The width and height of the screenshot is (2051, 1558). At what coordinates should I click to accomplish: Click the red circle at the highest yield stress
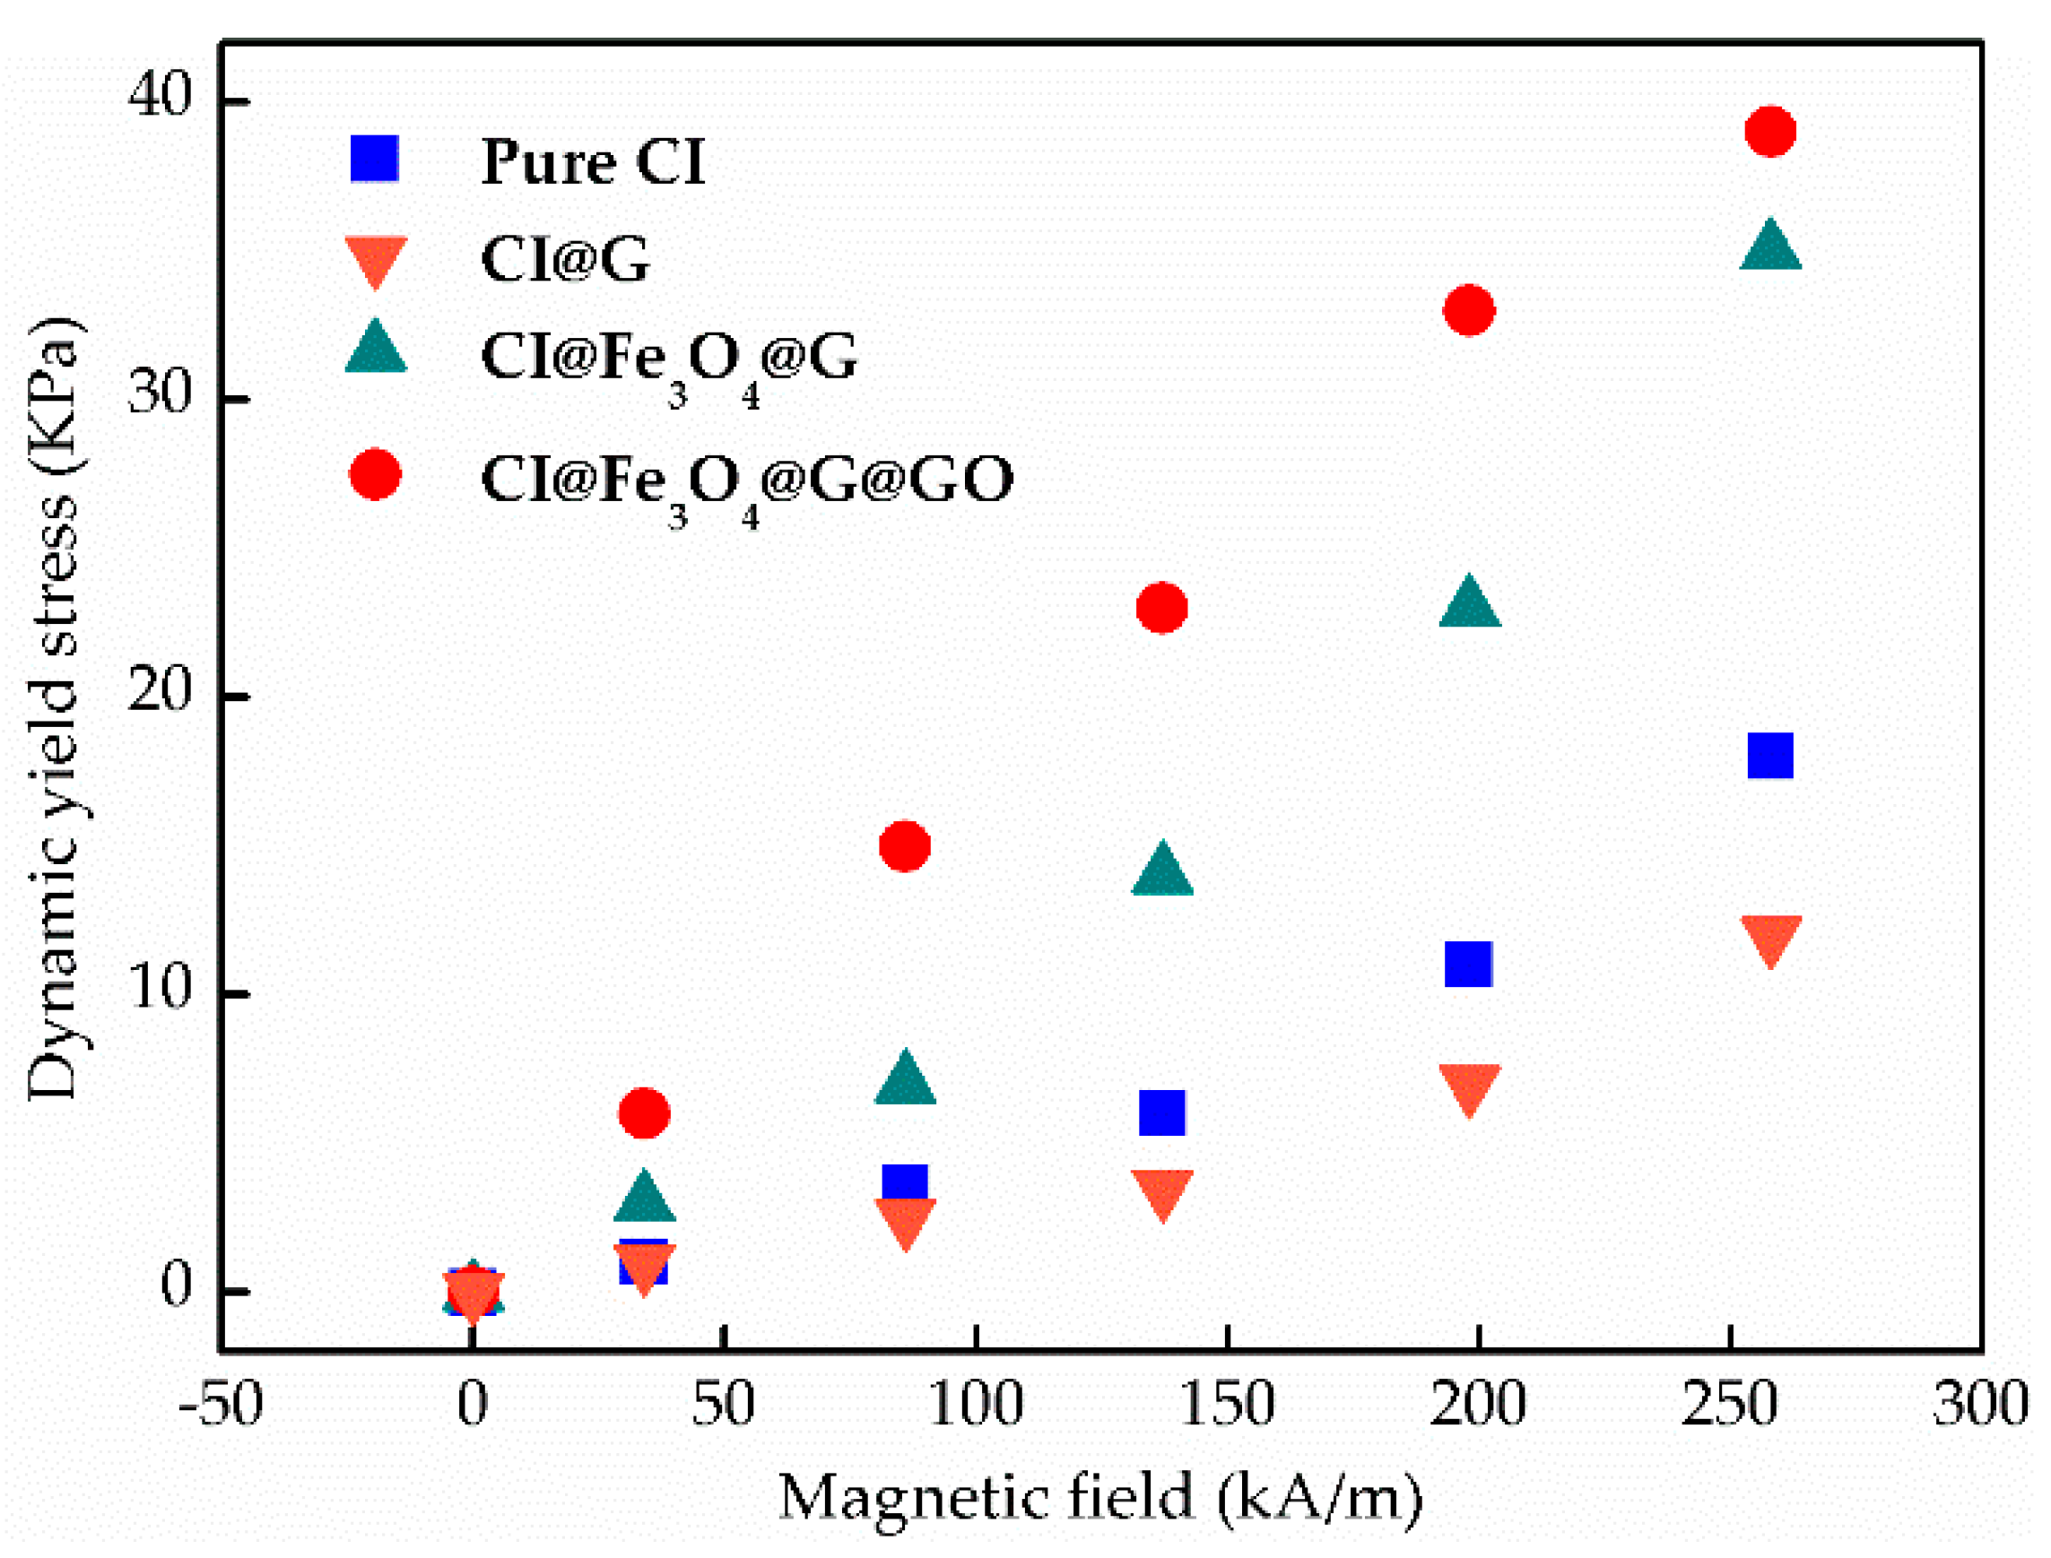point(1769,131)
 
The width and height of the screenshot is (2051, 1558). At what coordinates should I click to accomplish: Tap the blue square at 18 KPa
point(1769,755)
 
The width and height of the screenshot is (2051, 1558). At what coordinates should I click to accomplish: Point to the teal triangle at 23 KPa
point(1468,603)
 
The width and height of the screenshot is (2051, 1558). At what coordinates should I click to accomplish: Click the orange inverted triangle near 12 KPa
point(1770,939)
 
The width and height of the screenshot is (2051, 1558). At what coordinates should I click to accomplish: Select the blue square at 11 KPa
point(1467,964)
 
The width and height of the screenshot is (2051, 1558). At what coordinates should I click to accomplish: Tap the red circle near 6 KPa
point(643,1112)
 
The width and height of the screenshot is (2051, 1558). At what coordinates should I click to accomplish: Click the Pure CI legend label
point(592,162)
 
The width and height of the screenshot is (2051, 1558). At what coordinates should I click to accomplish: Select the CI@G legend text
point(565,259)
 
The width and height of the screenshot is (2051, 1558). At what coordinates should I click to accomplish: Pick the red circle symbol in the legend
point(375,475)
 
